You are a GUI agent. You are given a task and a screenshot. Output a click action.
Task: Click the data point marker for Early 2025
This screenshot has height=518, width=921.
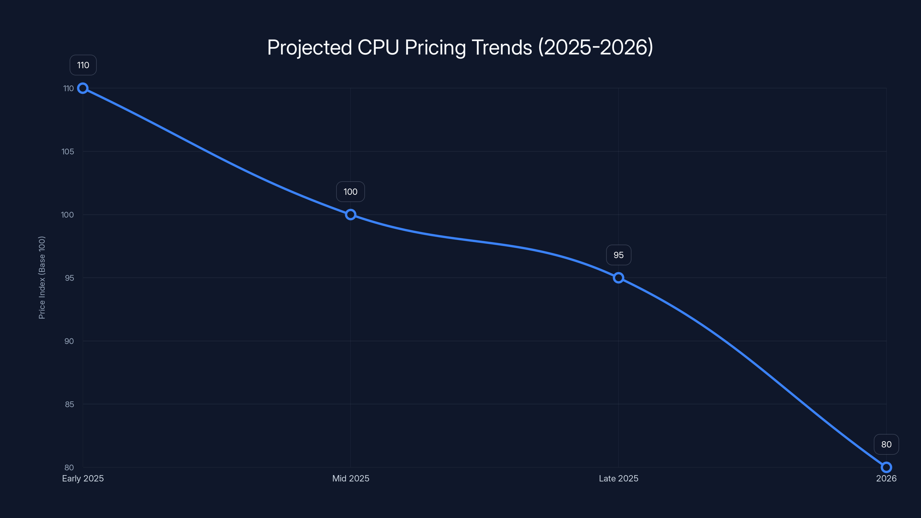coord(83,88)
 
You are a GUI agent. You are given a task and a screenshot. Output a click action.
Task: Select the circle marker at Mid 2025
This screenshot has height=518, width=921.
coord(350,214)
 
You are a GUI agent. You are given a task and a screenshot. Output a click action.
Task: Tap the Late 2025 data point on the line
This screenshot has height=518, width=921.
coord(618,278)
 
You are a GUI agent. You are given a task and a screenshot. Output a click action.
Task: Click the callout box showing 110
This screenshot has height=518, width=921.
coord(83,65)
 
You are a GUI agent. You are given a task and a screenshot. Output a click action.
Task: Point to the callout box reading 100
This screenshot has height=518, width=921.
coord(350,192)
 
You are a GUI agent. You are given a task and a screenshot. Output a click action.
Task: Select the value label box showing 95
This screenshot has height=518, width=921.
coord(619,255)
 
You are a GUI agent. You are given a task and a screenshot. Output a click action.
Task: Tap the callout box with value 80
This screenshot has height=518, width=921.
coord(886,444)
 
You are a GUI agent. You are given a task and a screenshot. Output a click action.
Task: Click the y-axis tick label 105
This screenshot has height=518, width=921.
coord(68,152)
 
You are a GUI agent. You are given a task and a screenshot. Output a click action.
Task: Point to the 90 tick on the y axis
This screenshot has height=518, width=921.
coord(69,341)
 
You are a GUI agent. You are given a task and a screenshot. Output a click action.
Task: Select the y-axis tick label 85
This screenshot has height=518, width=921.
coord(69,404)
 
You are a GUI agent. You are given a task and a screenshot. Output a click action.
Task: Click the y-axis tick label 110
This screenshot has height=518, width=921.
coord(68,88)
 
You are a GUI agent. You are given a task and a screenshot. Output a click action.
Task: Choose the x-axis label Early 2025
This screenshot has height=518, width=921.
coord(83,478)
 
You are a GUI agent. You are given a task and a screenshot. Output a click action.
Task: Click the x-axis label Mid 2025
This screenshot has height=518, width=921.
coord(350,478)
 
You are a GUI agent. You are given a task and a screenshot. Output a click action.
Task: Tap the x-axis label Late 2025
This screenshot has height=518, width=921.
coord(618,478)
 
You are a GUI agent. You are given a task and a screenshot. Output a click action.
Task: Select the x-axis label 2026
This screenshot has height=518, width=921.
coord(886,478)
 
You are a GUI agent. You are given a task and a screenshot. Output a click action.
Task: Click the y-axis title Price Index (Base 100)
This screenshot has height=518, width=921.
coord(42,277)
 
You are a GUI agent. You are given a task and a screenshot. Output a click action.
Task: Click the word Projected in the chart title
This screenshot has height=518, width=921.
coord(309,47)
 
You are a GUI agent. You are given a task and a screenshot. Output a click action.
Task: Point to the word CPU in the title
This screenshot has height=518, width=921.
coord(378,47)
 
